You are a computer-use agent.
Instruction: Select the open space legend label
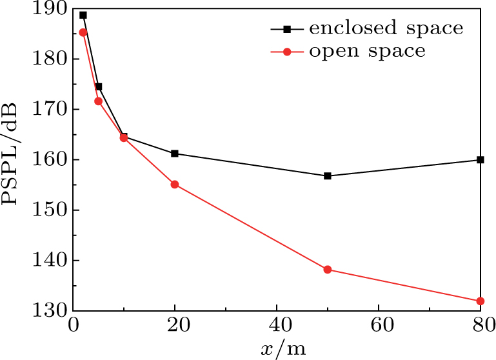pyautogui.click(x=368, y=51)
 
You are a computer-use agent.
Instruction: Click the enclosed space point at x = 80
pyautogui.click(x=481, y=159)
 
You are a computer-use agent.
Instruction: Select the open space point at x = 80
pyautogui.click(x=481, y=301)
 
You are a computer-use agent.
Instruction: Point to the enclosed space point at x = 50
pyautogui.click(x=328, y=175)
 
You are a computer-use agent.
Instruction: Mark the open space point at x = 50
pyautogui.click(x=328, y=270)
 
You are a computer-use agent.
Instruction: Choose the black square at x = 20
pyautogui.click(x=175, y=154)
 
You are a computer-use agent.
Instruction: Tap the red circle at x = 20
pyautogui.click(x=175, y=185)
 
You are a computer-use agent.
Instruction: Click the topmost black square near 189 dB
pyautogui.click(x=83, y=15)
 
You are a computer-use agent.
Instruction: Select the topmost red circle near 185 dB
pyautogui.click(x=83, y=32)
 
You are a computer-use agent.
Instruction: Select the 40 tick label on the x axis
pyautogui.click(x=277, y=326)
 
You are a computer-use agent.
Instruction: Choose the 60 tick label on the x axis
pyautogui.click(x=379, y=326)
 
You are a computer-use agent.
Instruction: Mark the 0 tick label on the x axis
pyautogui.click(x=74, y=326)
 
